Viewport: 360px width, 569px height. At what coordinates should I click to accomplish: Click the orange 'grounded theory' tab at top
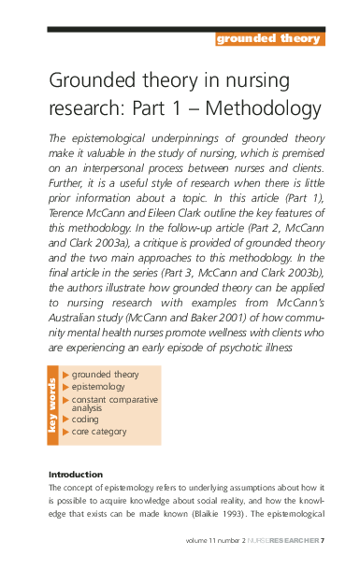(268, 38)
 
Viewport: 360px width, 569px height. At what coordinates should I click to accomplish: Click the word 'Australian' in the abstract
(77, 307)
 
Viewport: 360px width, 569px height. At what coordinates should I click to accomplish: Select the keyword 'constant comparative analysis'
(114, 404)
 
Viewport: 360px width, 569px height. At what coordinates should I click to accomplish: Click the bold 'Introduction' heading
(75, 475)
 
